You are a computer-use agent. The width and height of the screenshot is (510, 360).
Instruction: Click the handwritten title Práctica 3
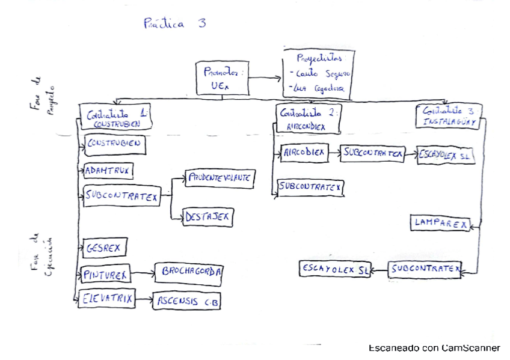coord(174,24)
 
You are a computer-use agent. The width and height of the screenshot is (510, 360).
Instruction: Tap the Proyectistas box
coord(319,73)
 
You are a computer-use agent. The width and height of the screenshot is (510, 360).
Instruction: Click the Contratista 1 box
coord(115,116)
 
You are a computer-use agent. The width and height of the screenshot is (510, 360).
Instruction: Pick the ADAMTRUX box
coord(108,171)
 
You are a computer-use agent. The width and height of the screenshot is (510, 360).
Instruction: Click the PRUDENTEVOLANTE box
coord(218,178)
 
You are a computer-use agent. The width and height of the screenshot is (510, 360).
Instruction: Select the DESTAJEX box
coord(207,216)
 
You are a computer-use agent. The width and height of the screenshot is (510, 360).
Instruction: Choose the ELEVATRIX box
coord(108,297)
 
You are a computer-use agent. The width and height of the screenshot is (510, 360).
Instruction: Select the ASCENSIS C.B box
coord(187,301)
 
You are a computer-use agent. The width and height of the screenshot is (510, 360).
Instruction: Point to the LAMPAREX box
coord(441,222)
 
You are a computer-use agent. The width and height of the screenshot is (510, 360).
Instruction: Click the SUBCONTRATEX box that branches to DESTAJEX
coord(122,196)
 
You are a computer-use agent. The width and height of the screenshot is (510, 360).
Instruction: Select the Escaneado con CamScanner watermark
coord(434,348)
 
